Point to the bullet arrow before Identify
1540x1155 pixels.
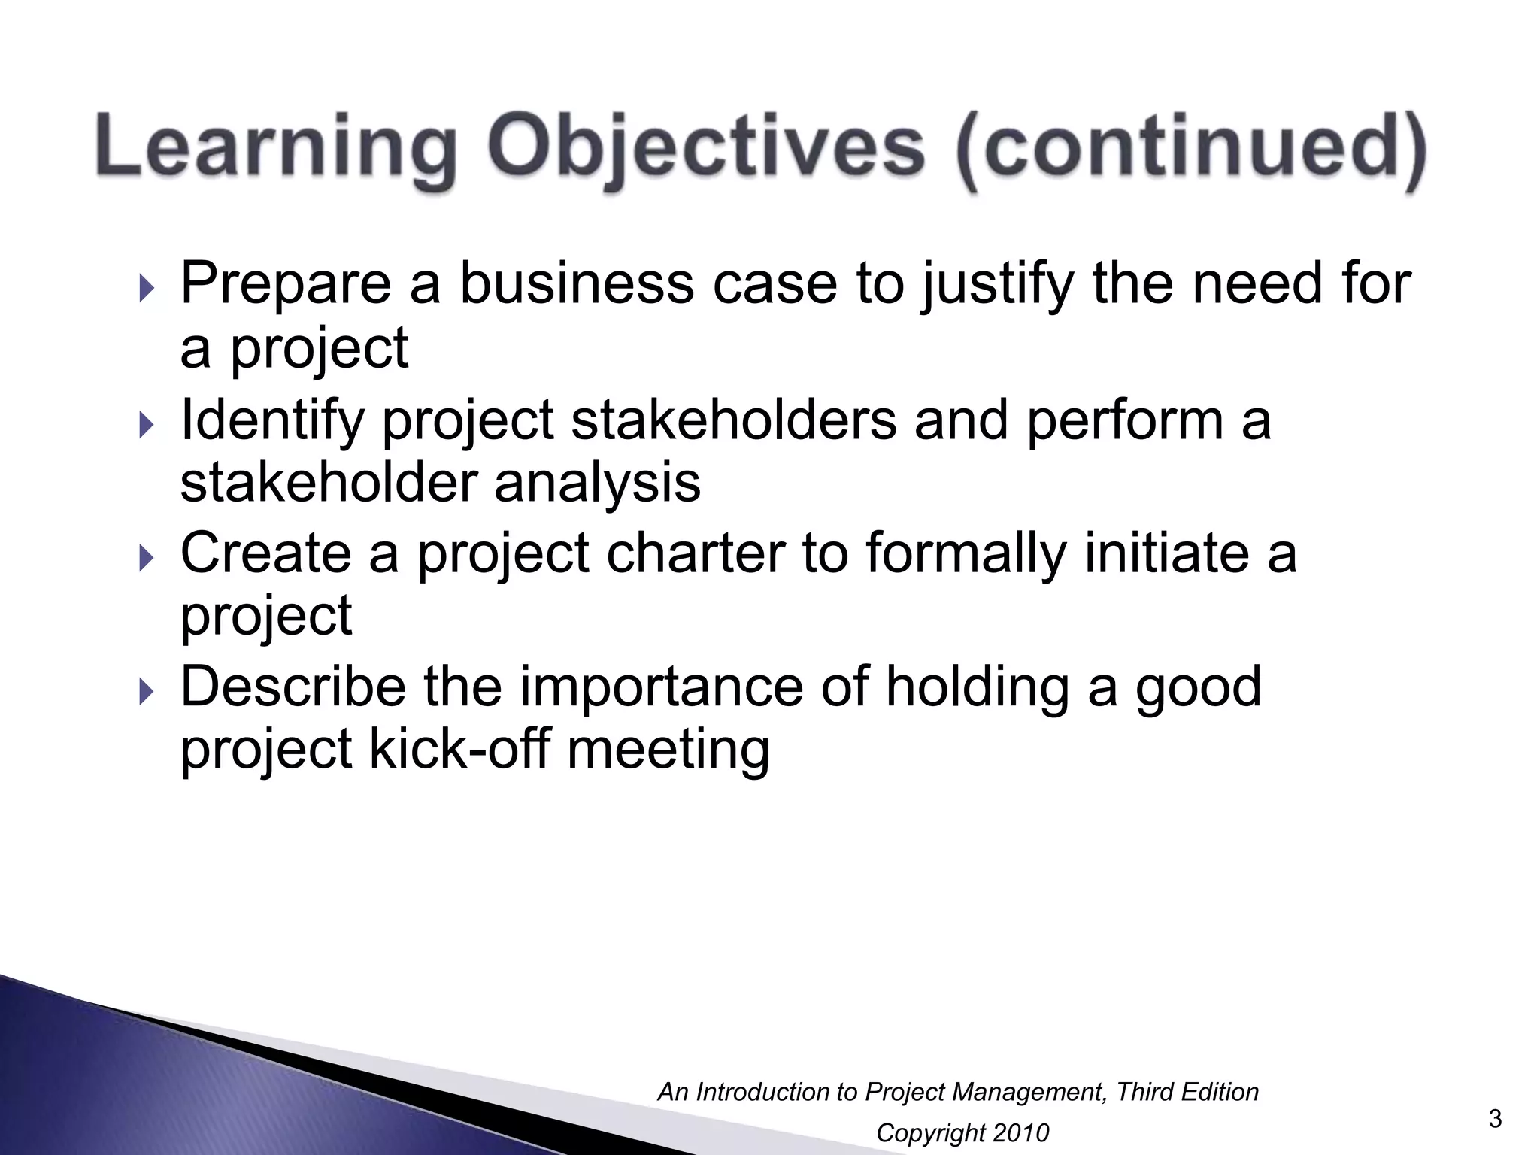pyautogui.click(x=146, y=426)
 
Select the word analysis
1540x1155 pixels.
pyautogui.click(x=597, y=483)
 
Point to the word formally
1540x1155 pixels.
pyautogui.click(x=966, y=555)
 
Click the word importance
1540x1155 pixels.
pyautogui.click(x=661, y=687)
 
